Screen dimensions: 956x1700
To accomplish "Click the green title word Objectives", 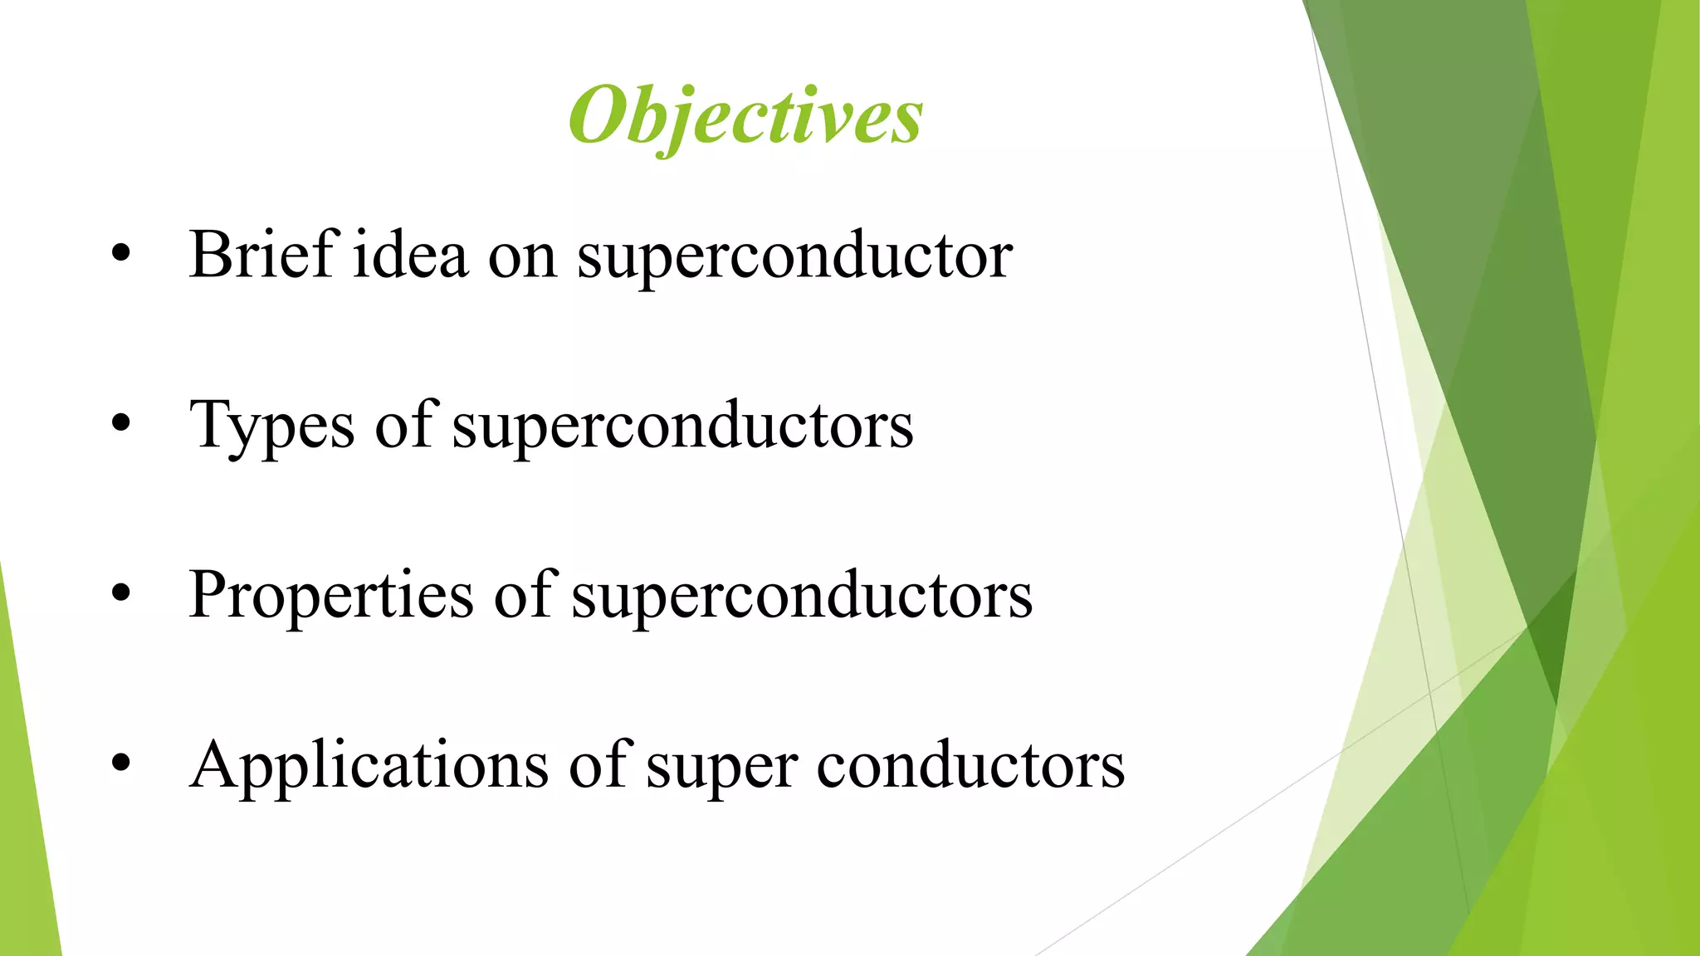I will coord(745,116).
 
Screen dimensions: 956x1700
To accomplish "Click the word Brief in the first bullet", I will coord(261,255).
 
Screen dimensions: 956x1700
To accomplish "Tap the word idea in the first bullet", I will coord(411,255).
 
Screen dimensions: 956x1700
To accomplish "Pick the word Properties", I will coord(331,596).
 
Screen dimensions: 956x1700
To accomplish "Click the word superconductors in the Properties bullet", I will coord(802,596).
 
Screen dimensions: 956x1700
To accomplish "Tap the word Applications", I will coord(369,766).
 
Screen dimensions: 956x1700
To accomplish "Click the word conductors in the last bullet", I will coord(970,766).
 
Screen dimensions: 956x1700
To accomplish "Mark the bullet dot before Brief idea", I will coord(121,255).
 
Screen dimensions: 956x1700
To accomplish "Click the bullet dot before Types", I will coord(121,424).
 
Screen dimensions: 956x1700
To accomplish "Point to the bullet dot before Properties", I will coord(121,594).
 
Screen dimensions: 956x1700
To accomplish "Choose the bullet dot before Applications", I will coord(121,764).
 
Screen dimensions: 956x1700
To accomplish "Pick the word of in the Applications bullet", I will coord(598,764).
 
